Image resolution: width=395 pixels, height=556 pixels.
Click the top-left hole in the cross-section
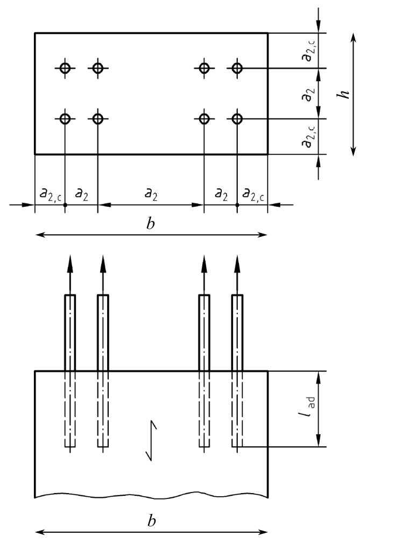(x=65, y=68)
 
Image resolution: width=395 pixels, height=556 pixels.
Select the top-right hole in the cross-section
(x=237, y=68)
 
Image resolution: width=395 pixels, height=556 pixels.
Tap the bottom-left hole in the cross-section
(x=65, y=118)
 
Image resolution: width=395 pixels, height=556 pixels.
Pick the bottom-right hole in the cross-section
(x=237, y=118)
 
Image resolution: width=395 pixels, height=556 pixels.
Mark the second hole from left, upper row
(x=97, y=68)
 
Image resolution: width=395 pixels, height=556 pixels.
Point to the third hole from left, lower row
(x=204, y=118)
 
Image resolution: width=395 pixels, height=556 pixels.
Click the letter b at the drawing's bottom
(x=151, y=521)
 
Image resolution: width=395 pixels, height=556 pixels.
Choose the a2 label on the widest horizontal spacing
(x=151, y=194)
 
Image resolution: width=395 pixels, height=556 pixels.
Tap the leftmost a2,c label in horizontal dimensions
(x=50, y=194)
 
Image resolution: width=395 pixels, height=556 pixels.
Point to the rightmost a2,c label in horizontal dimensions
(x=253, y=194)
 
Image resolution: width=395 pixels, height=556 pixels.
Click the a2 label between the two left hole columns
(x=81, y=194)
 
